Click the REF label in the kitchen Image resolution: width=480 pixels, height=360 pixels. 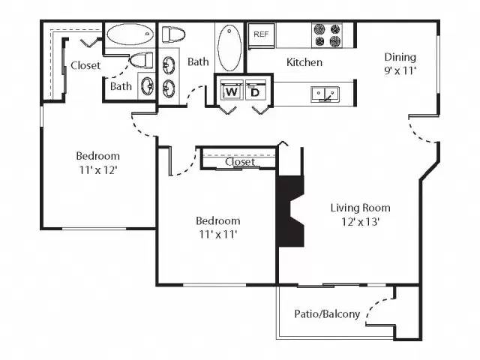pos(261,34)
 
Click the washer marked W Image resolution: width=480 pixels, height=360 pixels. pos(231,92)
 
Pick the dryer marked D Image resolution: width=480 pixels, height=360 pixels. pos(255,92)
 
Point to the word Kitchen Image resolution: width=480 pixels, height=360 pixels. pos(304,62)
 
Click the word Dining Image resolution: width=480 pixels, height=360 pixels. pos(400,57)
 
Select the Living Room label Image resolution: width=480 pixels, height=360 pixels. pos(360,208)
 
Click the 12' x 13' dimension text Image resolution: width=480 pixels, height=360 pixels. pos(360,223)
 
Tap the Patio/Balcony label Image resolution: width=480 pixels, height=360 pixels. pos(327,314)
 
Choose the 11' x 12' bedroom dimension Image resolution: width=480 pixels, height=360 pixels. pos(97,170)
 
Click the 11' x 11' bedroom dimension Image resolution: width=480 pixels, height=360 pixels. pos(217,235)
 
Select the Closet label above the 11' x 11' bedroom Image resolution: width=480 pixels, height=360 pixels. pos(240,162)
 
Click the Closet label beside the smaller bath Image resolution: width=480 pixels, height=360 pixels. pos(85,65)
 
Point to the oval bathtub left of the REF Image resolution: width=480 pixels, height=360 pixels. pos(229,47)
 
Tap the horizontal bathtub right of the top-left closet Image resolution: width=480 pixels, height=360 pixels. pos(130,35)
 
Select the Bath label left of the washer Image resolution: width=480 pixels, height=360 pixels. pos(198,61)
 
